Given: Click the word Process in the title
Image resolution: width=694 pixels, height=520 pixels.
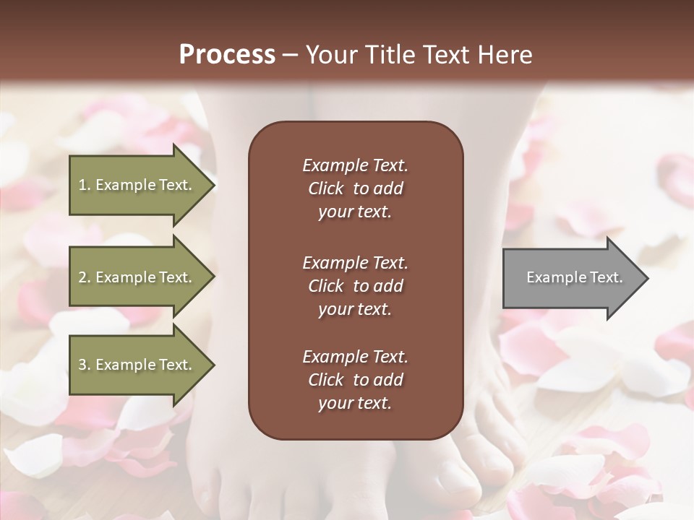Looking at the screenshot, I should (x=227, y=55).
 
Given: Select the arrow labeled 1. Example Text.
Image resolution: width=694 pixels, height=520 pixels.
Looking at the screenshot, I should (x=137, y=185).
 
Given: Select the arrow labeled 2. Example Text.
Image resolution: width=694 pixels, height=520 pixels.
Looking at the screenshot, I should (x=137, y=277).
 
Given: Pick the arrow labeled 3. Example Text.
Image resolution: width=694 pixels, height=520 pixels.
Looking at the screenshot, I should (x=137, y=365).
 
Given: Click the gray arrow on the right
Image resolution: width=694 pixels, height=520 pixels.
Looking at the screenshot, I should (x=571, y=278).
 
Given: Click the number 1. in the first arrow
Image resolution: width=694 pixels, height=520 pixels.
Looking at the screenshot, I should (x=84, y=185).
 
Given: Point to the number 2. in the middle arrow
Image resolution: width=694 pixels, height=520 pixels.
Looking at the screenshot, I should (x=84, y=277).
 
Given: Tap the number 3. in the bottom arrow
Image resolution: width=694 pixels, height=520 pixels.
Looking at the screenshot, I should (x=84, y=365).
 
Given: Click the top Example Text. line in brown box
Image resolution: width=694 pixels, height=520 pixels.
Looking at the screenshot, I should (x=355, y=165).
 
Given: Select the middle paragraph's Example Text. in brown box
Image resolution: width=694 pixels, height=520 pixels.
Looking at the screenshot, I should (x=355, y=262).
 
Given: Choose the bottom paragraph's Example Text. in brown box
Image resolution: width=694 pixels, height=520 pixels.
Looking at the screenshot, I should (x=355, y=357).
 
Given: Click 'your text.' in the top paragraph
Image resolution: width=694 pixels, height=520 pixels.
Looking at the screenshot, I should (x=355, y=212).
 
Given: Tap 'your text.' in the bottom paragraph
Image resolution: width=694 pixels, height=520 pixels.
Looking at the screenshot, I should (x=355, y=404).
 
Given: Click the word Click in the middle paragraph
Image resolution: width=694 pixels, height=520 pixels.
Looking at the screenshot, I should (x=325, y=286).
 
